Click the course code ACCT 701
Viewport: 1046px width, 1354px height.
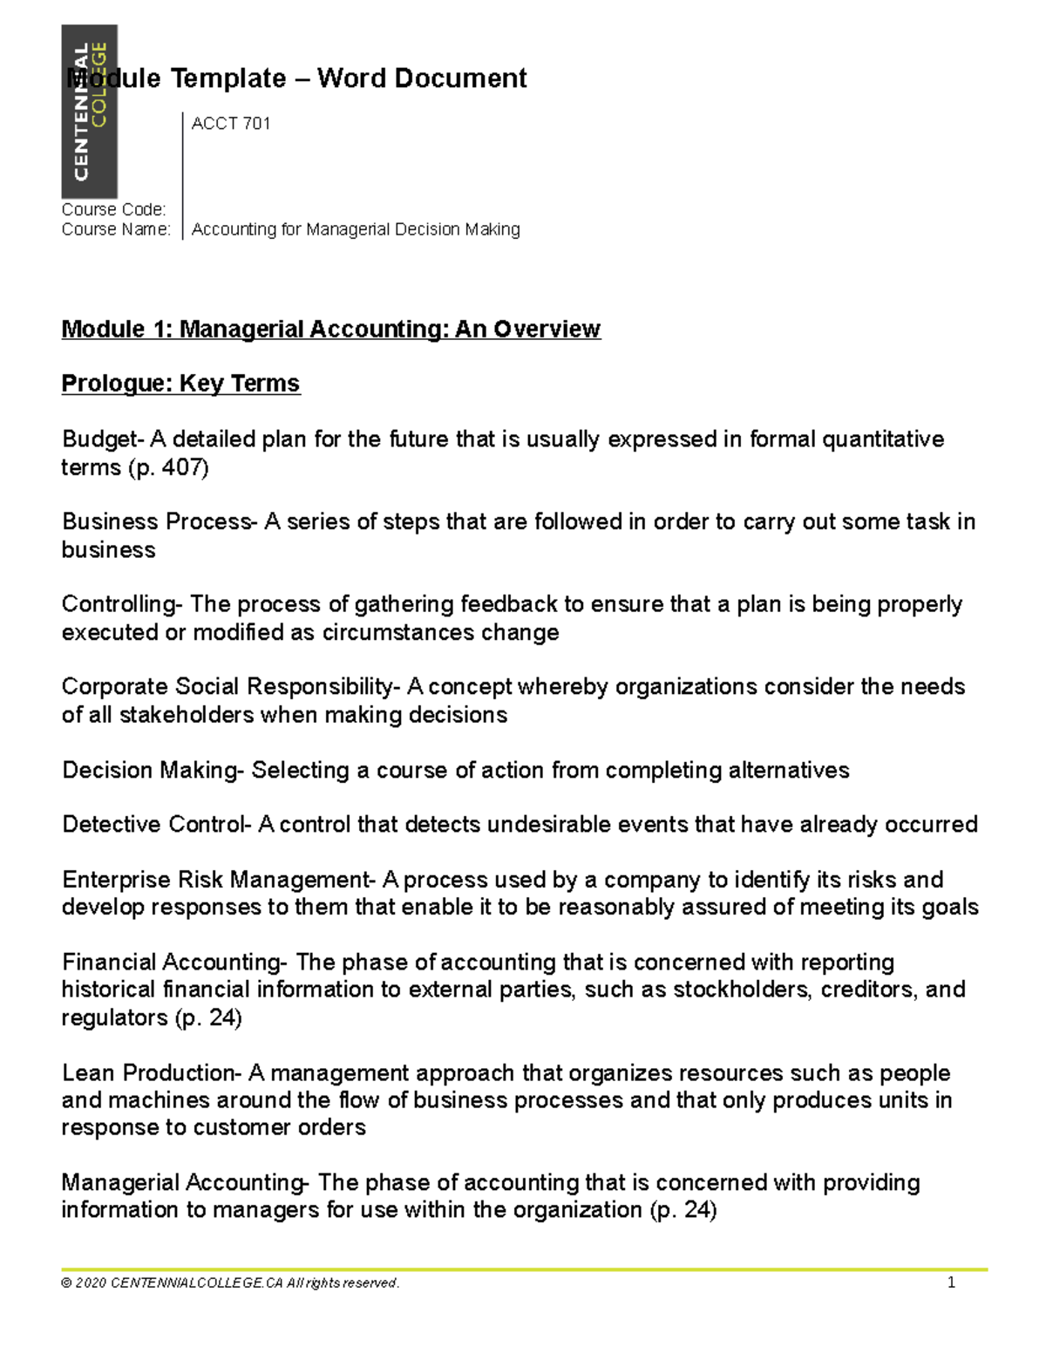click(231, 124)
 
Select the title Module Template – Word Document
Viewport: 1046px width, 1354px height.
click(297, 78)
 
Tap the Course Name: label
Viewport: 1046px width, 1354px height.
click(116, 229)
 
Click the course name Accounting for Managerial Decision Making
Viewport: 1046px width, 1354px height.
click(356, 229)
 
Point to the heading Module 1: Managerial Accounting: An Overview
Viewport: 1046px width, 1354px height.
click(330, 329)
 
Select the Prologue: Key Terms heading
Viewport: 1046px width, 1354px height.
click(180, 384)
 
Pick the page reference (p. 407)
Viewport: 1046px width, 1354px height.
click(168, 467)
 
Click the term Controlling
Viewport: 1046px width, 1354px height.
click(119, 604)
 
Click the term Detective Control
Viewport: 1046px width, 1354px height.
click(154, 825)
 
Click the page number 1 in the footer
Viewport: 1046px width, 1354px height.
click(951, 1283)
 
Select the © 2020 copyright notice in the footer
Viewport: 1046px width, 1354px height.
click(230, 1283)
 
